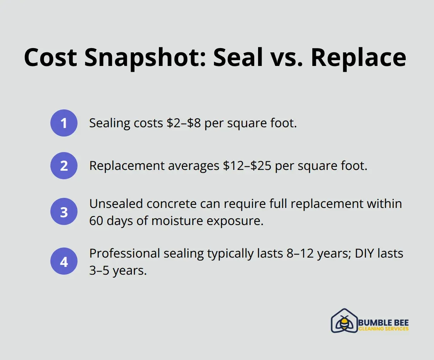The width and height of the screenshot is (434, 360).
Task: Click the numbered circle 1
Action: coord(64,123)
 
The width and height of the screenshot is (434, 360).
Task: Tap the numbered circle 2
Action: coord(64,166)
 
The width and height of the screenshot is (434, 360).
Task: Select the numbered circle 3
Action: coord(64,212)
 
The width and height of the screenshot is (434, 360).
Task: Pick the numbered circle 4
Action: coord(64,261)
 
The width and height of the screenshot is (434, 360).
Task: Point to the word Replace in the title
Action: coord(358,58)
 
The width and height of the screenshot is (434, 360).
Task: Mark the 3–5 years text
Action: coord(118,270)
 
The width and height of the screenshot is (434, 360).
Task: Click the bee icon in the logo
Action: coord(344,322)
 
